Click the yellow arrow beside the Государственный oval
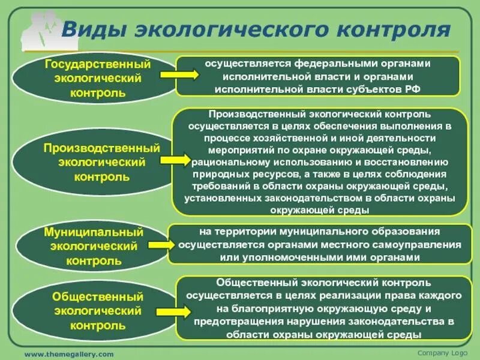coord(179,74)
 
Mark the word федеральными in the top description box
coord(317,63)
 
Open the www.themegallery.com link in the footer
coord(68,354)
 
